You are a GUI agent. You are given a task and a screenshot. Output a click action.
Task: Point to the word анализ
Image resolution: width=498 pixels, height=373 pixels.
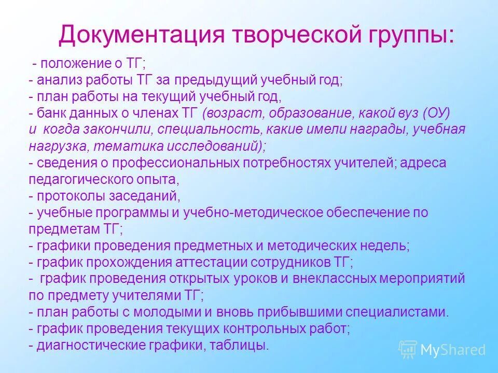[58, 80]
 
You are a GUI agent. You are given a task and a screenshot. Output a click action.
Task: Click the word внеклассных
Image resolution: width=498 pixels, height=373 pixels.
[331, 278]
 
